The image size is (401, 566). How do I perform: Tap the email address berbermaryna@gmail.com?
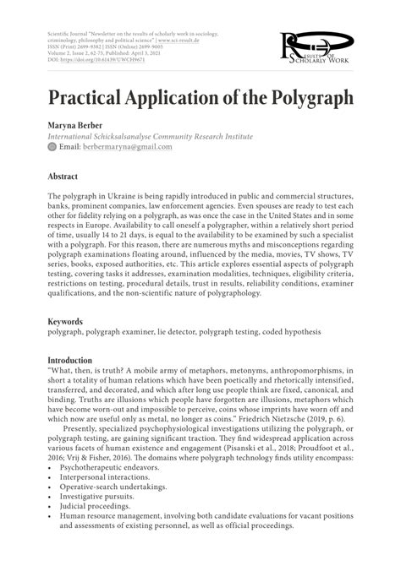click(127, 147)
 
